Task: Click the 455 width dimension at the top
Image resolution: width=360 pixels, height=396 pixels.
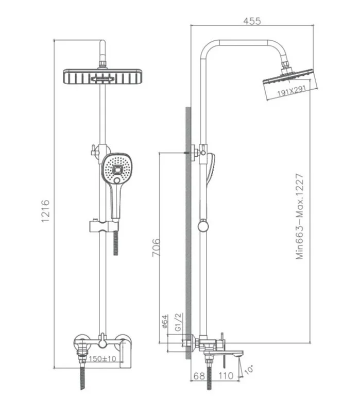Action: (252, 21)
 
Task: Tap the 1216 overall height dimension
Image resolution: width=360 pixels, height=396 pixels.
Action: (46, 211)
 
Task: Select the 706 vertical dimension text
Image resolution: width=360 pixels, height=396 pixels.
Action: (156, 247)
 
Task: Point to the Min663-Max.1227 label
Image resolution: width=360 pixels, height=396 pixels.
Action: (299, 217)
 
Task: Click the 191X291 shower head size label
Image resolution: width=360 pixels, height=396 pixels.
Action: (292, 91)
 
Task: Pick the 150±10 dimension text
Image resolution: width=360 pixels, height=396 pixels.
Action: (102, 358)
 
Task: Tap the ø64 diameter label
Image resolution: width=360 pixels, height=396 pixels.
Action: (164, 321)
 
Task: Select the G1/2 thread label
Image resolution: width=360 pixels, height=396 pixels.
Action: (178, 322)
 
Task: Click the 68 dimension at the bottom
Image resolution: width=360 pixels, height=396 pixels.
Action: (199, 376)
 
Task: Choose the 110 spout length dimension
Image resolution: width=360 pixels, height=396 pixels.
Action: (226, 376)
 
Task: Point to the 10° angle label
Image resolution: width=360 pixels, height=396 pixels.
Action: (248, 370)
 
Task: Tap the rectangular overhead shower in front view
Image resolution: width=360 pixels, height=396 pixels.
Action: (102, 76)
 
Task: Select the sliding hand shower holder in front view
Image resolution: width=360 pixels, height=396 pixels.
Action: (104, 226)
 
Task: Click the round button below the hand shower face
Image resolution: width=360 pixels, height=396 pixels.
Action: (117, 180)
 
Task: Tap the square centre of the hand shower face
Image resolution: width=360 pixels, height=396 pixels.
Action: (117, 170)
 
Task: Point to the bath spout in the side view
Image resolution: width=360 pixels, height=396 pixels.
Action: (228, 353)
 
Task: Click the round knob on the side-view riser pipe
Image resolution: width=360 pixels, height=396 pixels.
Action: (203, 226)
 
